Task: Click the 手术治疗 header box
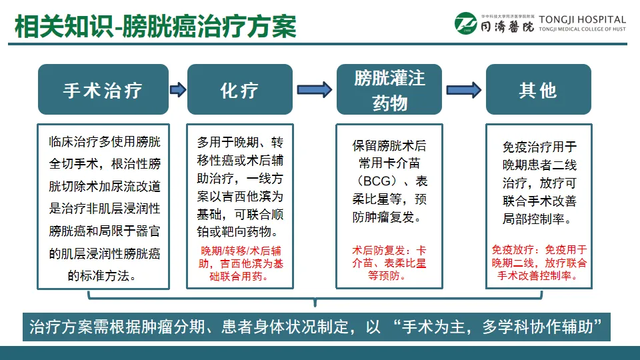103,89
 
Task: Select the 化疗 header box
239,89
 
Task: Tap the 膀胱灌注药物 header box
389,89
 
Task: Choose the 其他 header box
538,89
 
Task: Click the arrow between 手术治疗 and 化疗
178,89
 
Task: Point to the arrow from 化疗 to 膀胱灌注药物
314,89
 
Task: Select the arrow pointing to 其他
463,89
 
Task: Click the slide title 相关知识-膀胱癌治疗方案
155,27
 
